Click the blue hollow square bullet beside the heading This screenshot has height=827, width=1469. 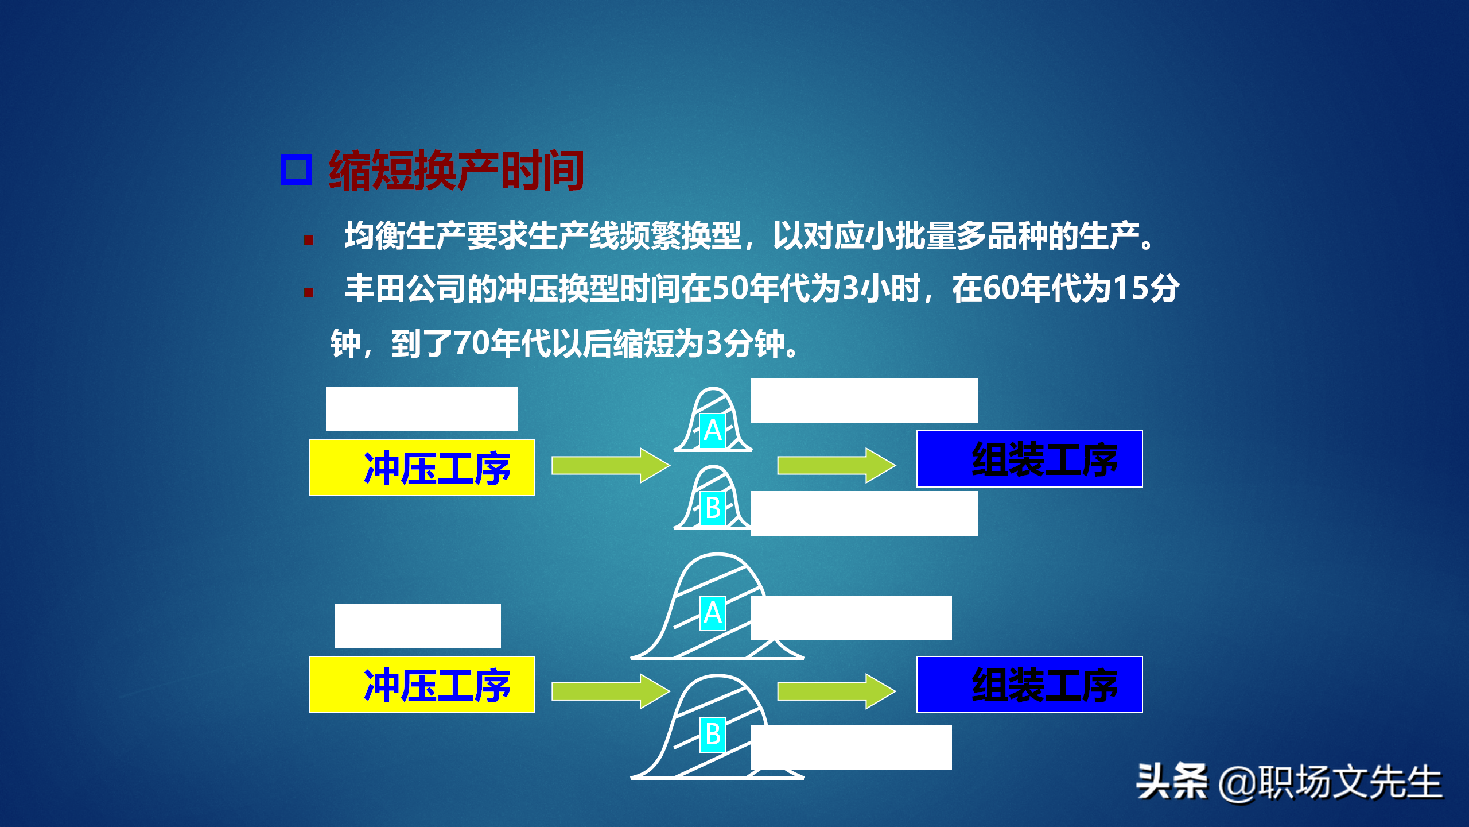296,169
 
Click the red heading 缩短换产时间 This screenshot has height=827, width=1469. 456,170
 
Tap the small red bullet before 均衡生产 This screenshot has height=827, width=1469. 309,240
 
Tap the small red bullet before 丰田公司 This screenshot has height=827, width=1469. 309,293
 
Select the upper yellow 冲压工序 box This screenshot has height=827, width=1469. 422,467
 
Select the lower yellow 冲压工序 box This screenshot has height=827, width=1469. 422,685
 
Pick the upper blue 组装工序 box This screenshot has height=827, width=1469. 1029,459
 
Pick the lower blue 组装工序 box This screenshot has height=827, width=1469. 1029,685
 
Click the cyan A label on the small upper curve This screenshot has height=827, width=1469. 713,431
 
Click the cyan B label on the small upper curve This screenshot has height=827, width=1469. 713,509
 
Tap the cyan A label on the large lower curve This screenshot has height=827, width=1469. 713,613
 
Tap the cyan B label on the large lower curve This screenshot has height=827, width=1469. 713,735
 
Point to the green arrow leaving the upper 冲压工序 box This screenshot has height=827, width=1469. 610,465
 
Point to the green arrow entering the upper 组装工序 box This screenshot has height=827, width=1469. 835,465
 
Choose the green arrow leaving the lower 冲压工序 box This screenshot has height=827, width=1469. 610,691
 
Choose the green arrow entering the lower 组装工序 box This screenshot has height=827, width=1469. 835,691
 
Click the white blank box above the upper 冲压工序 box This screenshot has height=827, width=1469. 422,409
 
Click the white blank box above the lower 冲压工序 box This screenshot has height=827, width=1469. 417,626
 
